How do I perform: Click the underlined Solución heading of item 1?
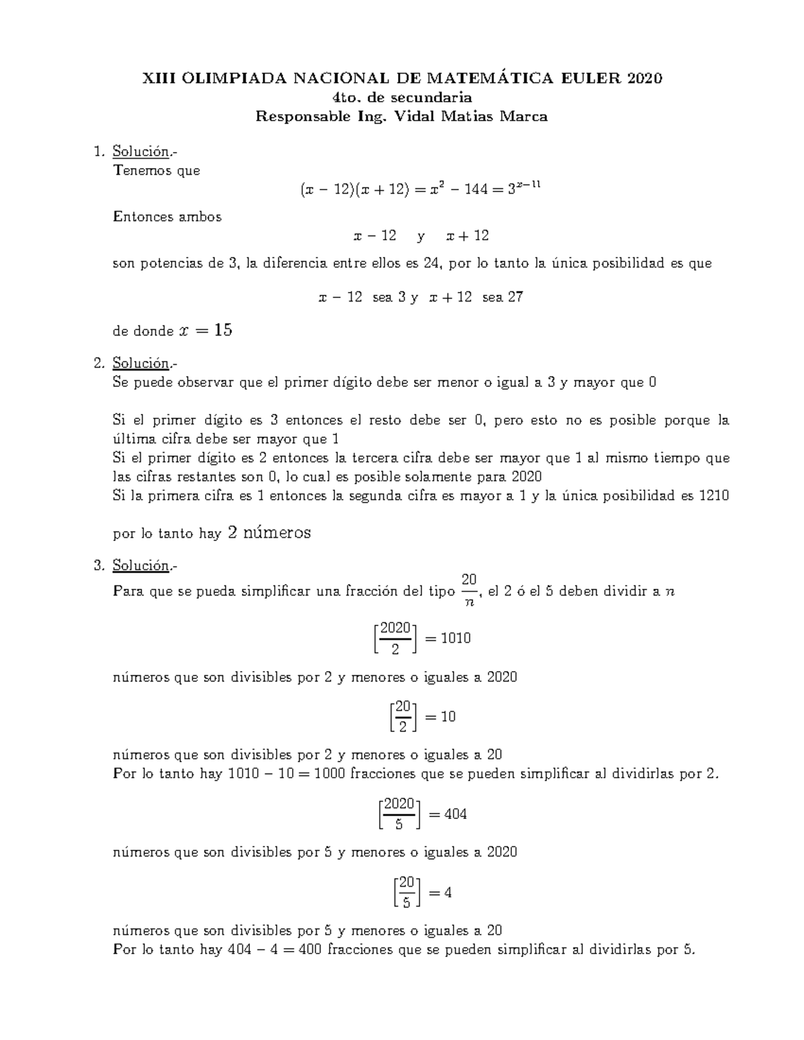(140, 151)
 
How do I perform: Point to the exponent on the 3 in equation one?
(530, 185)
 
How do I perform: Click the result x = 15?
(206, 331)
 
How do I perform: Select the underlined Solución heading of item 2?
(140, 364)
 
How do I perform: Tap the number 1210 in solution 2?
(714, 496)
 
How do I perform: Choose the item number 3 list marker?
(100, 567)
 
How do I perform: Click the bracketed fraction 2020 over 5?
(399, 814)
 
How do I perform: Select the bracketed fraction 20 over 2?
(402, 717)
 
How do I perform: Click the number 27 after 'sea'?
(515, 297)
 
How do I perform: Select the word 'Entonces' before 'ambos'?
(139, 217)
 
